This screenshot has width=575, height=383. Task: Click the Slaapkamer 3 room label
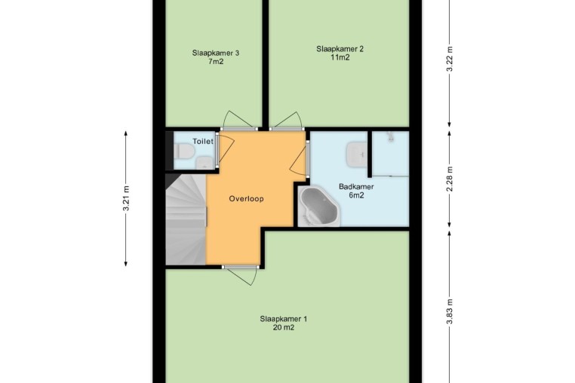216,53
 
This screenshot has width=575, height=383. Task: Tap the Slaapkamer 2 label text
340,49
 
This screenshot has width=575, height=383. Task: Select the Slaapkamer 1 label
284,319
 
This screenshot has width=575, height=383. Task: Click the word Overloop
247,198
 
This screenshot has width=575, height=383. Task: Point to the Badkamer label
356,186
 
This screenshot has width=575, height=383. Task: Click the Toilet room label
203,141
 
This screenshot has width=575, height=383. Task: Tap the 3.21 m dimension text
126,198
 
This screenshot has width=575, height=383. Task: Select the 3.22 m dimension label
450,60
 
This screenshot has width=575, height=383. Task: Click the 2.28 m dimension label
450,179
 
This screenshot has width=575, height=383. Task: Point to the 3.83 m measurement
450,311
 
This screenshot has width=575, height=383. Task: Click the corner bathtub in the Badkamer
319,207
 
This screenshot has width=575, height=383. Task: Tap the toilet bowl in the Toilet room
183,151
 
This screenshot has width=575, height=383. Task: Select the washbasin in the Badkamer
356,153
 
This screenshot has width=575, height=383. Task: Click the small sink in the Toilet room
204,163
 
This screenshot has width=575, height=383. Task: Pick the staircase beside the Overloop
186,219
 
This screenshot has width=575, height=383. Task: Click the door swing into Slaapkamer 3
238,119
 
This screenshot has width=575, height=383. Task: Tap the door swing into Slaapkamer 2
288,120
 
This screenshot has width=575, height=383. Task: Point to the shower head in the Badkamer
390,136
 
